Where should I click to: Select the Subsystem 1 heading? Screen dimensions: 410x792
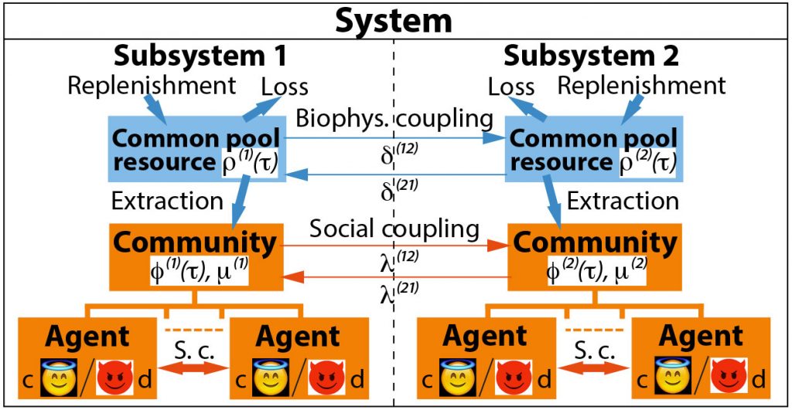click(200, 56)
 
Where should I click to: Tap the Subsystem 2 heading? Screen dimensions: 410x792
click(591, 56)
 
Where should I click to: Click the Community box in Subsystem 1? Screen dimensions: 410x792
click(194, 254)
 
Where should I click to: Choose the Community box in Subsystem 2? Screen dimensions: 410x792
click(595, 254)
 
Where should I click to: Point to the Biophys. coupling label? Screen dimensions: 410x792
click(394, 118)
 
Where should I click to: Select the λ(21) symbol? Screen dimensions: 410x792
click(398, 294)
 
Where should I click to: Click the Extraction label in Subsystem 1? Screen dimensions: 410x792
click(167, 202)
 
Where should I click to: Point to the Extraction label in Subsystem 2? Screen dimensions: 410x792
click(623, 202)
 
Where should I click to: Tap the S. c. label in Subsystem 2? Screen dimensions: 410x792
click(594, 350)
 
